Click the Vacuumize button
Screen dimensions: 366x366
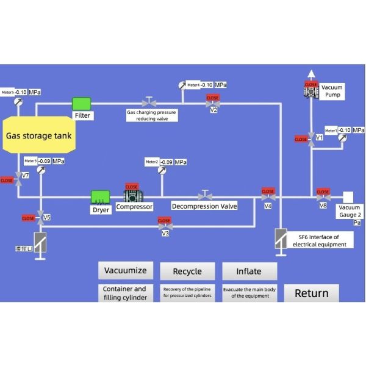(x=126, y=271)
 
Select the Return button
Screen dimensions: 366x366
(x=311, y=293)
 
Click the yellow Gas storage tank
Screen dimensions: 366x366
(x=38, y=135)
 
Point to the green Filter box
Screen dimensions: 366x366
(x=82, y=103)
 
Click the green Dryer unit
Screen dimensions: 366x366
(x=100, y=196)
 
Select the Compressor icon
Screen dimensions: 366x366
(x=132, y=196)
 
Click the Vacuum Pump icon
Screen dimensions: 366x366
(x=311, y=91)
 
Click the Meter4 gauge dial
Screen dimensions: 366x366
(x=182, y=85)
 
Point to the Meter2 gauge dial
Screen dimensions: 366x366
(x=162, y=170)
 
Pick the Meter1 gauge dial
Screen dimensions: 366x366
(x=341, y=138)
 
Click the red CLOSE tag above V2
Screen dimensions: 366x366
(x=212, y=98)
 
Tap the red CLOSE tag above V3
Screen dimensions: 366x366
(x=164, y=221)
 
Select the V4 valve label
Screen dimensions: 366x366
(x=268, y=207)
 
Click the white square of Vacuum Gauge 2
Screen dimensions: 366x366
(x=347, y=196)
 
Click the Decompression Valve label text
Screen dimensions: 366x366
(x=204, y=206)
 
